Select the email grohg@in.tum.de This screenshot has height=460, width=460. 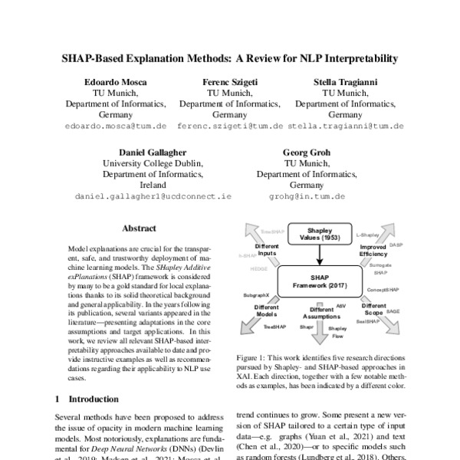pos(307,196)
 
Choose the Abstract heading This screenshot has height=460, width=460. pos(139,228)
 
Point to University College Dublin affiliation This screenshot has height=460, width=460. pos(153,163)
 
